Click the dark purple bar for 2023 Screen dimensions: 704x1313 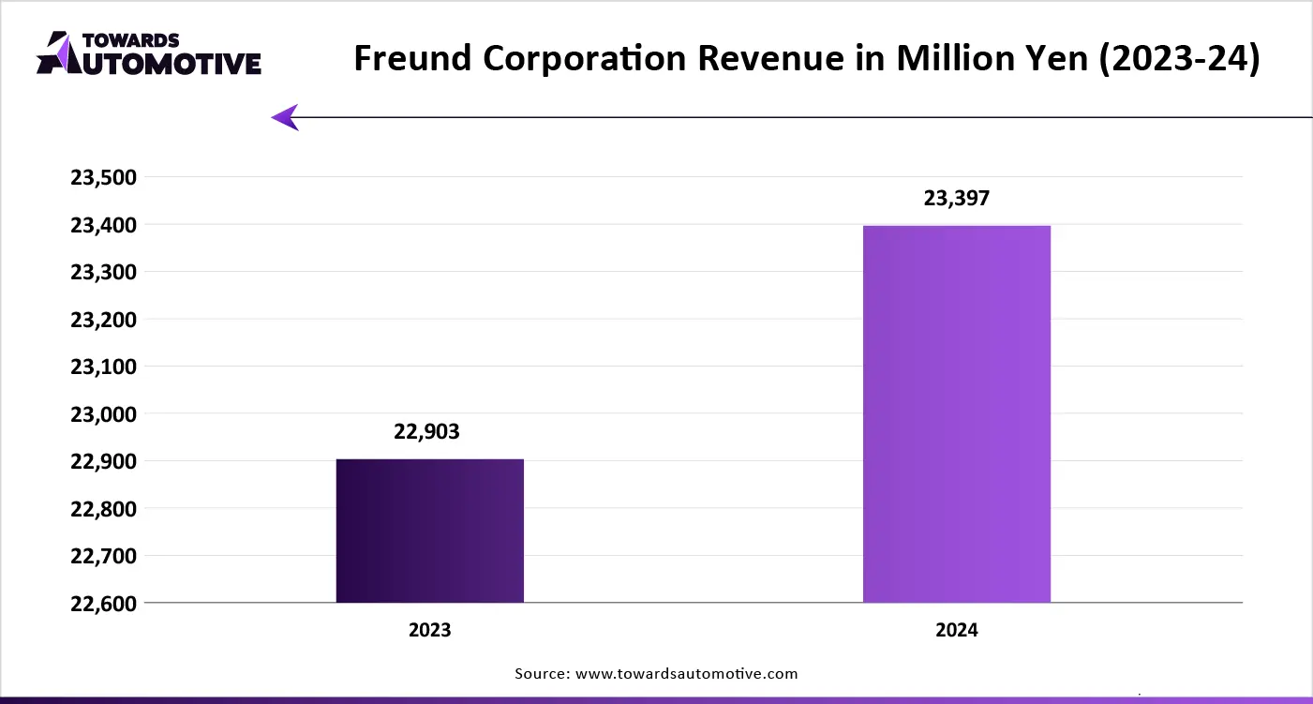[429, 531]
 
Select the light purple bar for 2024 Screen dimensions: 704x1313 [956, 414]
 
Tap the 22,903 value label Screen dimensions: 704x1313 [427, 432]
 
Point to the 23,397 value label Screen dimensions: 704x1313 [956, 199]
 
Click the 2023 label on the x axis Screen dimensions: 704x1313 [429, 630]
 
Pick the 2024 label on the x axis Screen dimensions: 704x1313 [956, 630]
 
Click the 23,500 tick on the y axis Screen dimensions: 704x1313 [104, 177]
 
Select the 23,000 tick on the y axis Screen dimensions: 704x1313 [104, 414]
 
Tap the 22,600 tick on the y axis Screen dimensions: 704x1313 [104, 604]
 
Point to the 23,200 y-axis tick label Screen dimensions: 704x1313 [104, 320]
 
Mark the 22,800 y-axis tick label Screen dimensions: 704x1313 [104, 509]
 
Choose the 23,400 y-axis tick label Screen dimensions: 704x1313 [104, 225]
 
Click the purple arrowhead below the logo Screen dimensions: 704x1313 [285, 117]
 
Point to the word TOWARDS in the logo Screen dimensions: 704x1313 [131, 40]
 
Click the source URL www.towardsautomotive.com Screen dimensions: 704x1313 [686, 673]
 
